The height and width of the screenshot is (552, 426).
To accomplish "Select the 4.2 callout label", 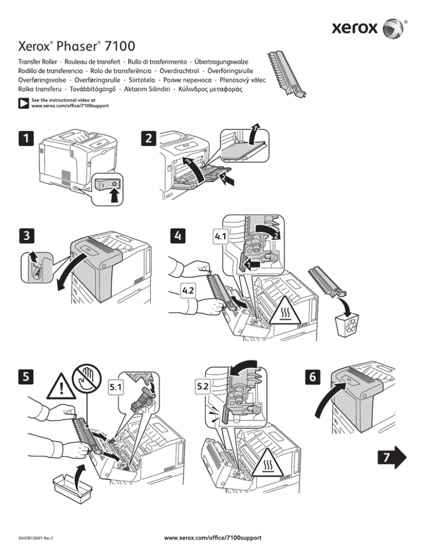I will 189,289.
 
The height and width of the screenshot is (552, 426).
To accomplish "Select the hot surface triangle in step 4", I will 286,312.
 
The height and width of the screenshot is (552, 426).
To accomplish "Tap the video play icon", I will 23,103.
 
